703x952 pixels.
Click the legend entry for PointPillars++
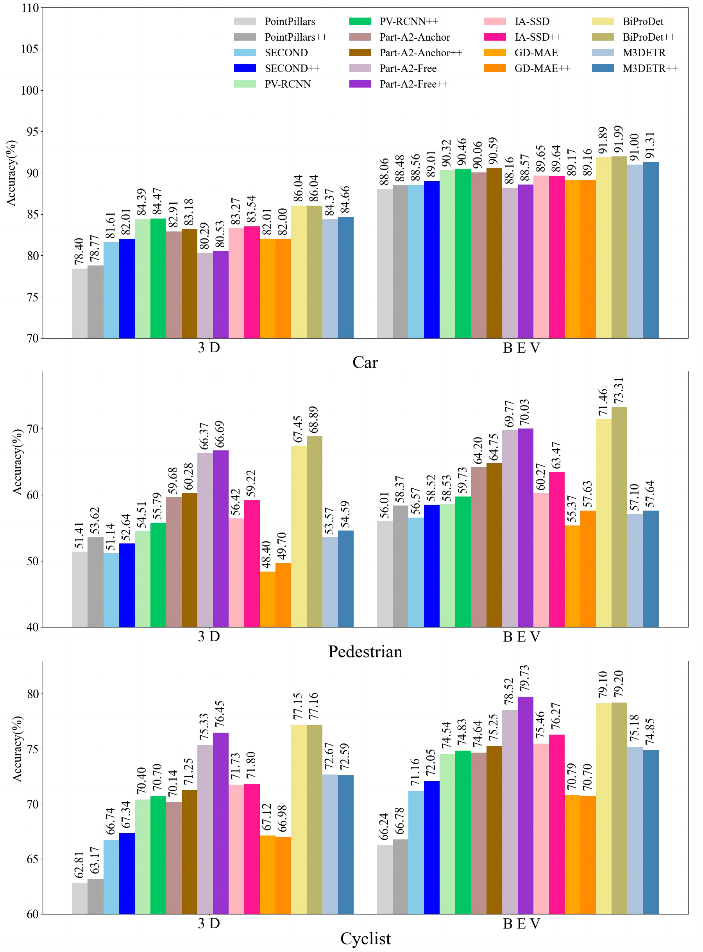coord(296,37)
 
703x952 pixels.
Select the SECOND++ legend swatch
coord(245,68)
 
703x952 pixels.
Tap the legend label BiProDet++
coord(649,37)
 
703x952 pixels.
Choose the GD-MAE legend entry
coord(536,53)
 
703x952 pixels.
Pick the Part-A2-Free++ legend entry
coord(413,84)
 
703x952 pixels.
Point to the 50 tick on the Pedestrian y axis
coord(32,561)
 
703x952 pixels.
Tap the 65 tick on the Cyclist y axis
coord(32,859)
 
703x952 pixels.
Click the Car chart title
coord(365,362)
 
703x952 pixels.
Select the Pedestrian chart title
coord(365,651)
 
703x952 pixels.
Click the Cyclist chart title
coord(365,938)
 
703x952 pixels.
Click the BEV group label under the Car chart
coord(521,348)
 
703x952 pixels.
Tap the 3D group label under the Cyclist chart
coord(209,923)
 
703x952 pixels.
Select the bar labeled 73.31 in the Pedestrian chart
coord(619,517)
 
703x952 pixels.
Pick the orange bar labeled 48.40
coord(267,599)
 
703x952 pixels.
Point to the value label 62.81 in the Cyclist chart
coord(79,865)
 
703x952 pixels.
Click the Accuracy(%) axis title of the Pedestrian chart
coord(17,462)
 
